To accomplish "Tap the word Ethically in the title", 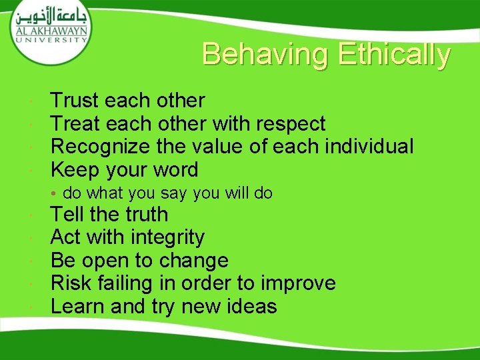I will (x=394, y=55).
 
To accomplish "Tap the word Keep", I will (x=75, y=170).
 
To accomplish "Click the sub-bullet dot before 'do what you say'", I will (x=56, y=194).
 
